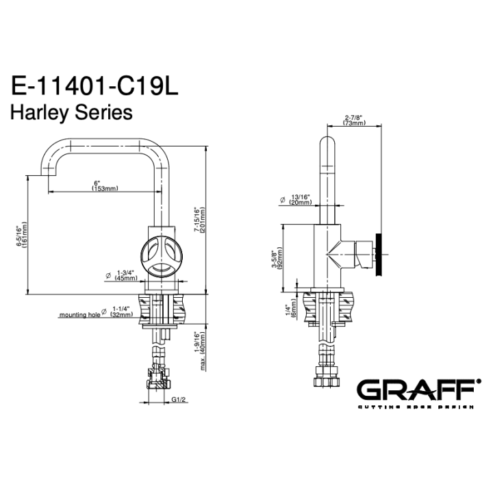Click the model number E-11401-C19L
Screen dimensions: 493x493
pos(94,86)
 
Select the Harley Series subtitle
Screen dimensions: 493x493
pos(71,112)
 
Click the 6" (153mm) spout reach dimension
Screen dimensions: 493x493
pos(105,186)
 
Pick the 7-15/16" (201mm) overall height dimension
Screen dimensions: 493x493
pos(199,220)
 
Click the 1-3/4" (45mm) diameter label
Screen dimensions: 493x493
pos(126,275)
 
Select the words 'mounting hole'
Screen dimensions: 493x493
pos(80,315)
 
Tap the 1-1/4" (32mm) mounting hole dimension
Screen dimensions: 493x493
pos(121,312)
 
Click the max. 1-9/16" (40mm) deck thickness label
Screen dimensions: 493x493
pos(200,351)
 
